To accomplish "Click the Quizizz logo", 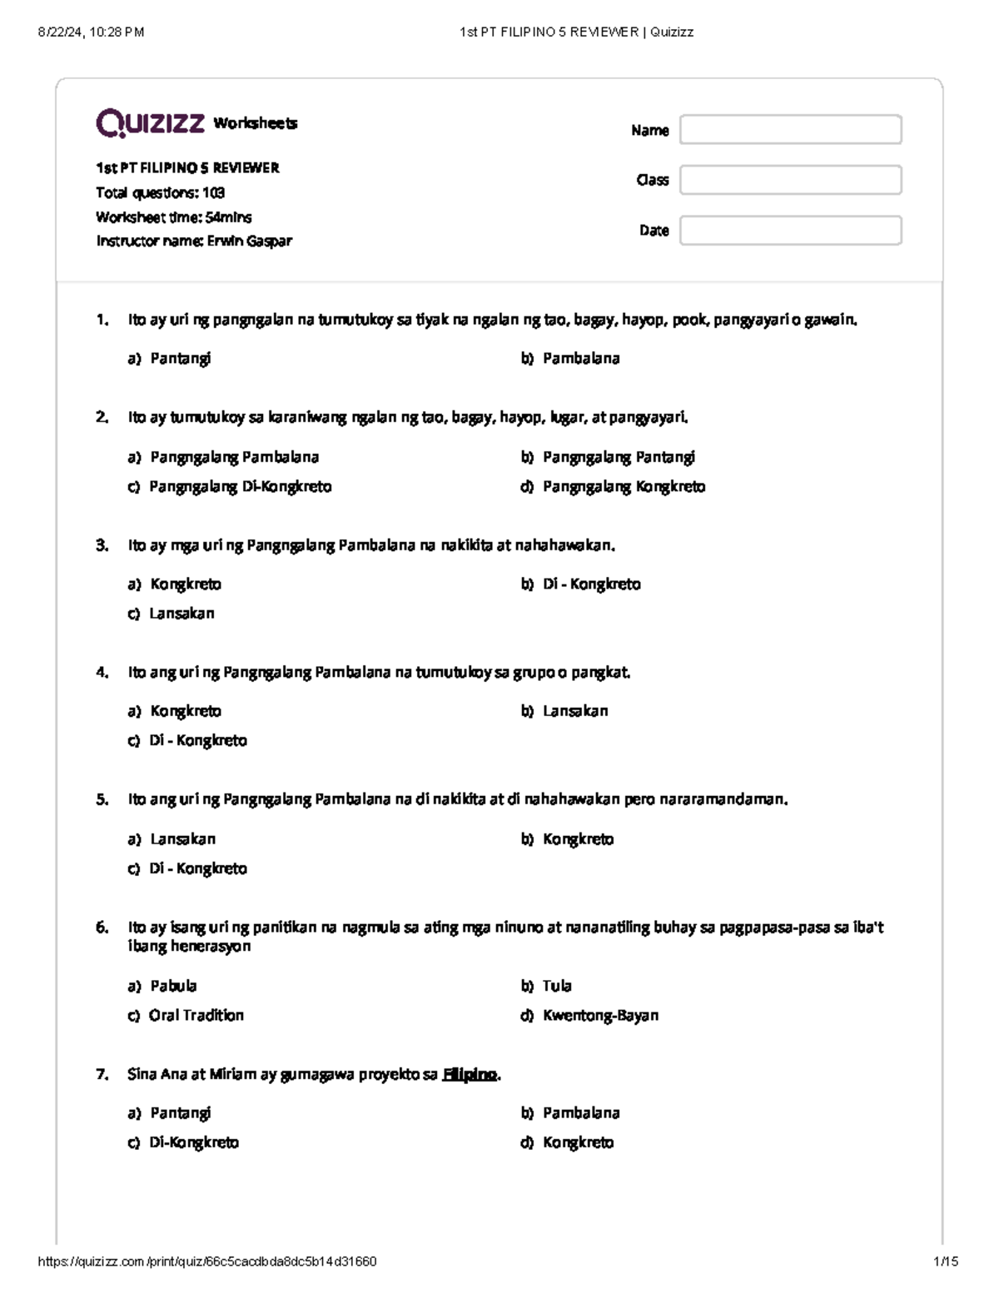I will click(x=151, y=123).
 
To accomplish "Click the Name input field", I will click(x=790, y=130).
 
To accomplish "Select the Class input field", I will click(x=790, y=180).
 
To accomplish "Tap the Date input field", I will click(x=790, y=231).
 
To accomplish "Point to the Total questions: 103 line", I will click(x=160, y=193).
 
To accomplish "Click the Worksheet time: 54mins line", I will click(x=173, y=217).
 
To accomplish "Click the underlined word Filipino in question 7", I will click(x=470, y=1075).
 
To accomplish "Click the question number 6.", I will click(x=102, y=927).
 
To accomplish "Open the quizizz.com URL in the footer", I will click(x=207, y=1261).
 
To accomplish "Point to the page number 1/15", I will click(x=946, y=1261).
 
